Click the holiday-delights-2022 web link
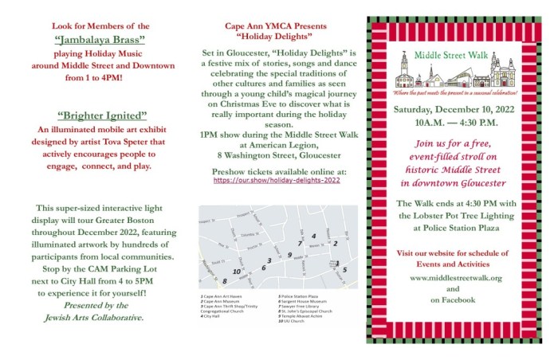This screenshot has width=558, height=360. point(277,181)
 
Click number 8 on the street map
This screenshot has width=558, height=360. point(226,281)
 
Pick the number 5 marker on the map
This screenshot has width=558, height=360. point(344,270)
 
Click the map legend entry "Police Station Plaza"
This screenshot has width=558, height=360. point(297,296)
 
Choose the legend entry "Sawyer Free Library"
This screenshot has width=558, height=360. point(297,306)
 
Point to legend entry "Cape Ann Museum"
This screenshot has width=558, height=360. point(222,301)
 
